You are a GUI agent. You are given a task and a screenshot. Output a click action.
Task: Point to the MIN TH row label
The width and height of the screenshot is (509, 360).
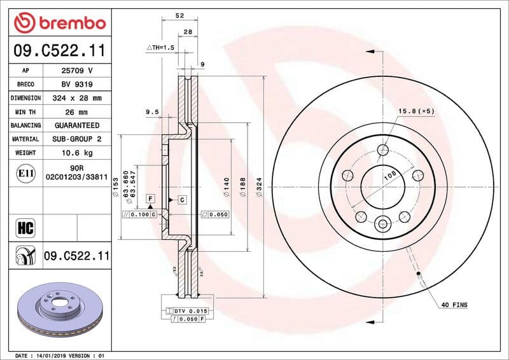pyautogui.click(x=25, y=112)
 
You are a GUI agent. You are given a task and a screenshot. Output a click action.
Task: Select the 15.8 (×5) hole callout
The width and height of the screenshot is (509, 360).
pyautogui.click(x=416, y=111)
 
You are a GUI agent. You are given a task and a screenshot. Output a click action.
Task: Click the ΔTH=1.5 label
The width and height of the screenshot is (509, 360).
pyautogui.click(x=160, y=48)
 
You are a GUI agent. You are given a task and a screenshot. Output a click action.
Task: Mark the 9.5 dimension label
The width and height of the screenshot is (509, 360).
pyautogui.click(x=152, y=112)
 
